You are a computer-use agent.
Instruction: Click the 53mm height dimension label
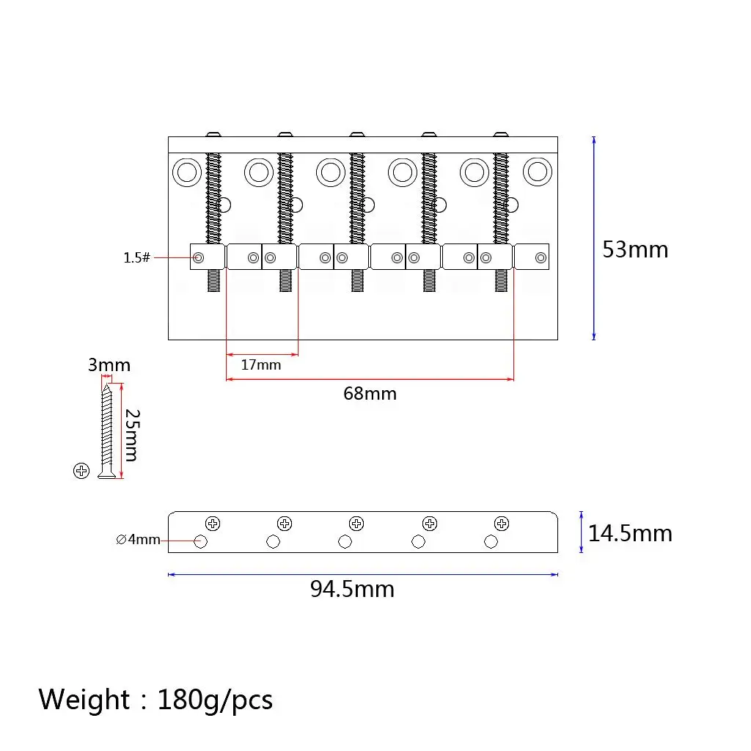click(635, 249)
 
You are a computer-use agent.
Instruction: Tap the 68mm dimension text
click(370, 394)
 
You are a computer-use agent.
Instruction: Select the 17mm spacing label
click(260, 365)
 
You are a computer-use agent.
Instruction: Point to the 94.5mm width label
click(352, 589)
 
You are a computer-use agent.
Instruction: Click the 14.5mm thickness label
click(630, 534)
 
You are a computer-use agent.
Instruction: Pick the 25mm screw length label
click(132, 435)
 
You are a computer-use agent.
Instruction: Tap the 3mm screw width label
click(109, 365)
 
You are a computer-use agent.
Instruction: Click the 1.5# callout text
click(136, 257)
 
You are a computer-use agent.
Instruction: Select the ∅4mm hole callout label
click(138, 539)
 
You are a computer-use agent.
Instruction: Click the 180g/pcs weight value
click(215, 700)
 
